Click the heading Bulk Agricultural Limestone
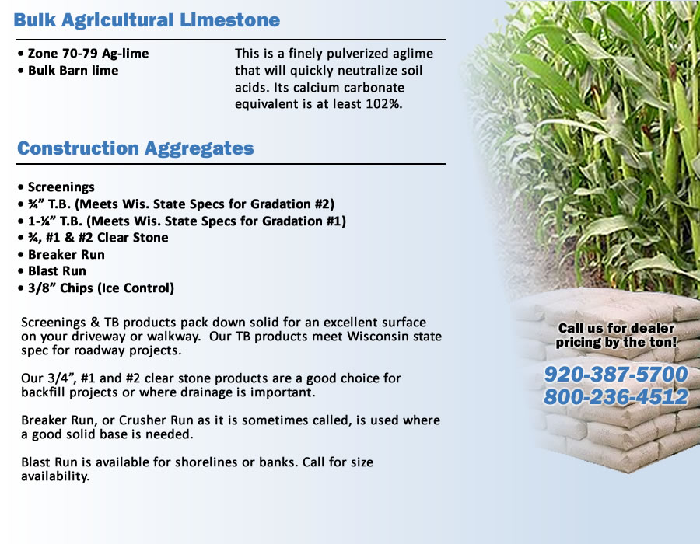pyautogui.click(x=147, y=20)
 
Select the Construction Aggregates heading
pyautogui.click(x=135, y=148)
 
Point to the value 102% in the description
pyautogui.click(x=383, y=104)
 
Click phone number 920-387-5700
pyautogui.click(x=616, y=375)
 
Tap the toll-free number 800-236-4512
pyautogui.click(x=616, y=397)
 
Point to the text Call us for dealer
pyautogui.click(x=616, y=328)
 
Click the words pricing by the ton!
pyautogui.click(x=616, y=342)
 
